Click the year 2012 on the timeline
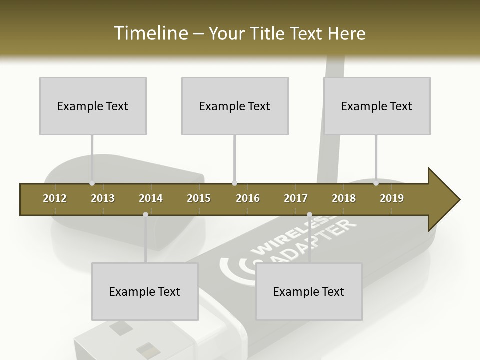[x=55, y=198]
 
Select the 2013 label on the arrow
[x=103, y=198]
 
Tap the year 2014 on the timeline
[x=151, y=198]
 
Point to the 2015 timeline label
[x=199, y=198]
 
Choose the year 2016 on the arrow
[x=248, y=198]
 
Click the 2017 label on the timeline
[x=296, y=198]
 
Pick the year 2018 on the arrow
[x=344, y=198]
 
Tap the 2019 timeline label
[x=392, y=198]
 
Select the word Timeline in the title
[x=149, y=33]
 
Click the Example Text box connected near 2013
[x=93, y=106]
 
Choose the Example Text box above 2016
[x=235, y=106]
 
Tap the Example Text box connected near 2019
[x=377, y=106]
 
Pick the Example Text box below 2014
[x=145, y=291]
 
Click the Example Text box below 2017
[x=309, y=291]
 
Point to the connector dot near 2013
[x=92, y=183]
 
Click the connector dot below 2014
[x=145, y=214]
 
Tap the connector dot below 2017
[x=309, y=215]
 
